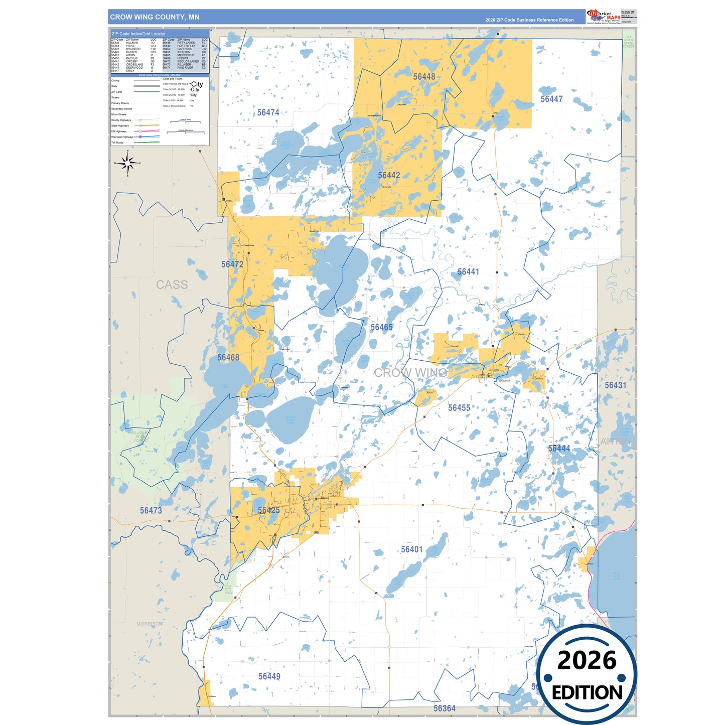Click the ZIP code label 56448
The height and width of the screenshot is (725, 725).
[x=424, y=77]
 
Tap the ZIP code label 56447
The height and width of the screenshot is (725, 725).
[x=551, y=99]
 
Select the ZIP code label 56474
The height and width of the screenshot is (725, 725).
[x=268, y=113]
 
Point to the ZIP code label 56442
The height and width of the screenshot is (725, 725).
[x=389, y=175]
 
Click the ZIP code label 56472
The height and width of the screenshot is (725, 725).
[x=232, y=264]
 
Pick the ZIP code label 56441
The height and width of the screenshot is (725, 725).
[x=468, y=272]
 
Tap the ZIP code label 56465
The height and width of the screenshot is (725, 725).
[x=381, y=328]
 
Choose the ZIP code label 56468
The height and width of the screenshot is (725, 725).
[x=228, y=358]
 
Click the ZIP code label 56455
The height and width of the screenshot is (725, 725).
[x=459, y=408]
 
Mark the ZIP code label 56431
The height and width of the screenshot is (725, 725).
[x=615, y=385]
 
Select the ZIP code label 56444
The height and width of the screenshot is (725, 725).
[x=559, y=449]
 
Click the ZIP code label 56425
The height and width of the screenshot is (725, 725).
[x=268, y=510]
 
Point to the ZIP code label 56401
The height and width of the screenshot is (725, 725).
[x=411, y=550]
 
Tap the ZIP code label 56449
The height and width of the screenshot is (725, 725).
[x=269, y=676]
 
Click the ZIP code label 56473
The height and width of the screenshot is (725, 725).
[x=151, y=511]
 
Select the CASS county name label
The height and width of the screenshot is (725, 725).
[x=172, y=285]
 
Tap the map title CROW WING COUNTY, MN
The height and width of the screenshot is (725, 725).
[x=155, y=17]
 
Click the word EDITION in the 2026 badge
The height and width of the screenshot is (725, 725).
[x=587, y=693]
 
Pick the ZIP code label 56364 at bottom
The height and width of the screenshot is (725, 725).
[x=445, y=708]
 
